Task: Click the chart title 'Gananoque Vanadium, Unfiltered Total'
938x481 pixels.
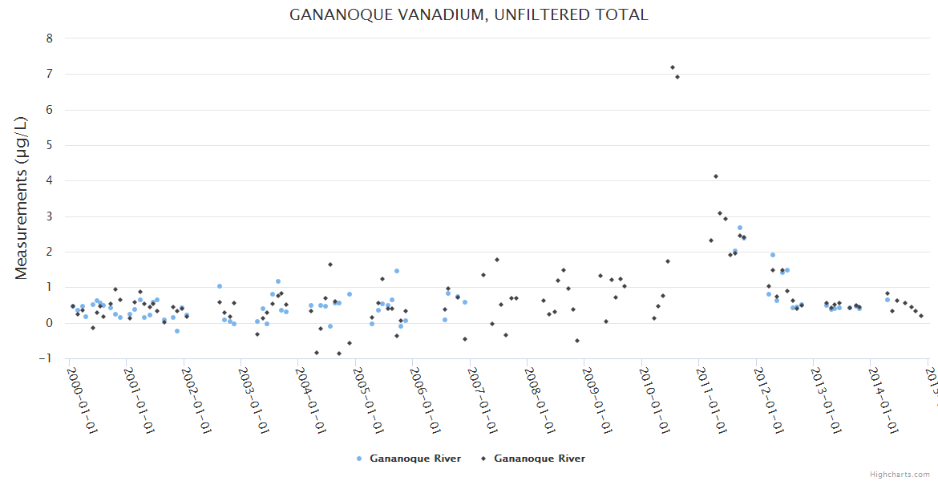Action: click(468, 15)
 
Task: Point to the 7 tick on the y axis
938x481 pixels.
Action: click(50, 74)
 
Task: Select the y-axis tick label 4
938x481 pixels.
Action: click(50, 181)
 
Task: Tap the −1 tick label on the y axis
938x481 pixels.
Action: click(47, 358)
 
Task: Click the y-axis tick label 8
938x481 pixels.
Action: click(50, 38)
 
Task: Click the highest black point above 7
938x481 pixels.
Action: click(672, 67)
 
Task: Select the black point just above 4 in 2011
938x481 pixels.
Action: click(716, 176)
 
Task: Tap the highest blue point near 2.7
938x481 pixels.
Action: click(740, 228)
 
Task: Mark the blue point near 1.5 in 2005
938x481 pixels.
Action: click(396, 271)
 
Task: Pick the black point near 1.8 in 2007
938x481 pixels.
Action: click(496, 260)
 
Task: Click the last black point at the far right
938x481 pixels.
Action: click(921, 316)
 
